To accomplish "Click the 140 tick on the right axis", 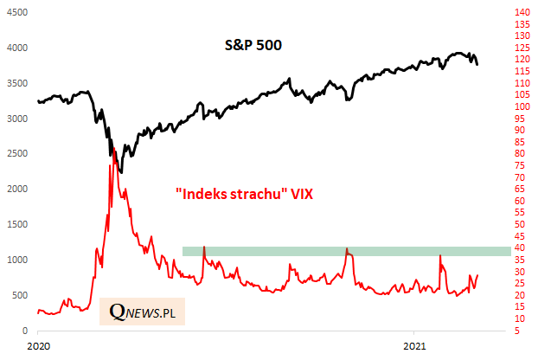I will (522, 12).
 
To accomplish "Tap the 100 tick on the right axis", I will (522, 106).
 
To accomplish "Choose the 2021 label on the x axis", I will (415, 345).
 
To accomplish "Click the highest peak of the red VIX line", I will (111, 164).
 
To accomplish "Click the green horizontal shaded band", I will (346, 251).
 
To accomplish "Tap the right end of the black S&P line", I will (477, 63).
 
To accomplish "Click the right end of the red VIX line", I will (477, 274).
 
